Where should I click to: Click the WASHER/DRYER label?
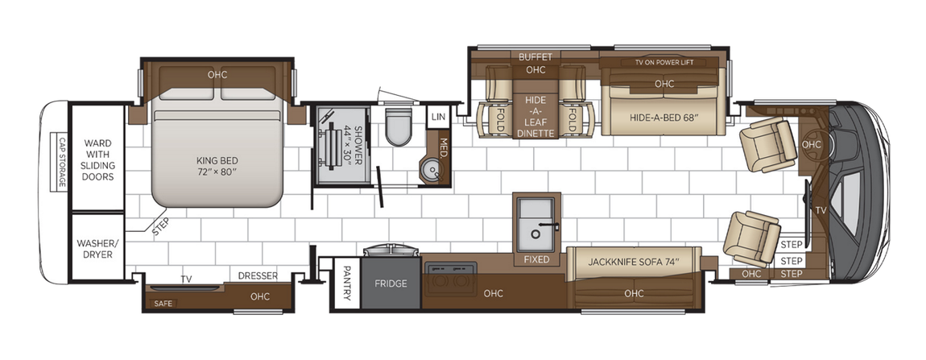(96, 248)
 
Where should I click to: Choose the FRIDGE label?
(391, 283)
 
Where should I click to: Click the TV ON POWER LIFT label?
(663, 62)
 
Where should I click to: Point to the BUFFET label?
(535, 56)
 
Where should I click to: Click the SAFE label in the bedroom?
(163, 304)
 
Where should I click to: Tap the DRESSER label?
(258, 275)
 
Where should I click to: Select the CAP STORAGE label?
(61, 162)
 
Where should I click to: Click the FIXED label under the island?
(536, 259)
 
